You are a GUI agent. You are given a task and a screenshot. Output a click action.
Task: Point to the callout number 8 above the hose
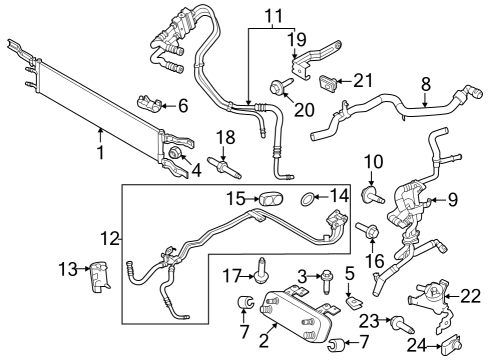click(x=426, y=85)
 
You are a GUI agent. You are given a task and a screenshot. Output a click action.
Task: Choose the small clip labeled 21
click(x=338, y=81)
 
